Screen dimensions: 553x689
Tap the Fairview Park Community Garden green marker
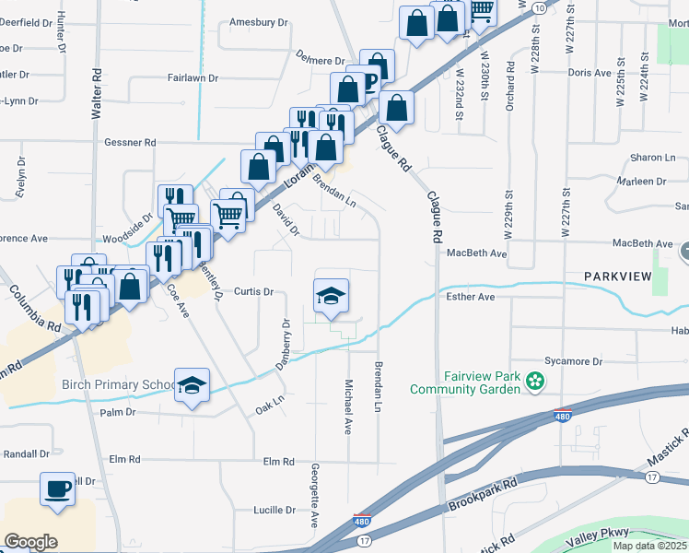(x=533, y=380)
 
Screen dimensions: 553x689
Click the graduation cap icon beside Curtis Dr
(x=332, y=296)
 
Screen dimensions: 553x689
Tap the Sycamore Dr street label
(x=573, y=362)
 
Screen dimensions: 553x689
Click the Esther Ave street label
(x=471, y=298)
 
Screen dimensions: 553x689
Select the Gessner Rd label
(x=130, y=143)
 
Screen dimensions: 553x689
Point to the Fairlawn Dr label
(x=193, y=79)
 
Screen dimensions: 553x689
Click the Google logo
(x=30, y=542)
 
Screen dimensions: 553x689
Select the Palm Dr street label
(x=118, y=412)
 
